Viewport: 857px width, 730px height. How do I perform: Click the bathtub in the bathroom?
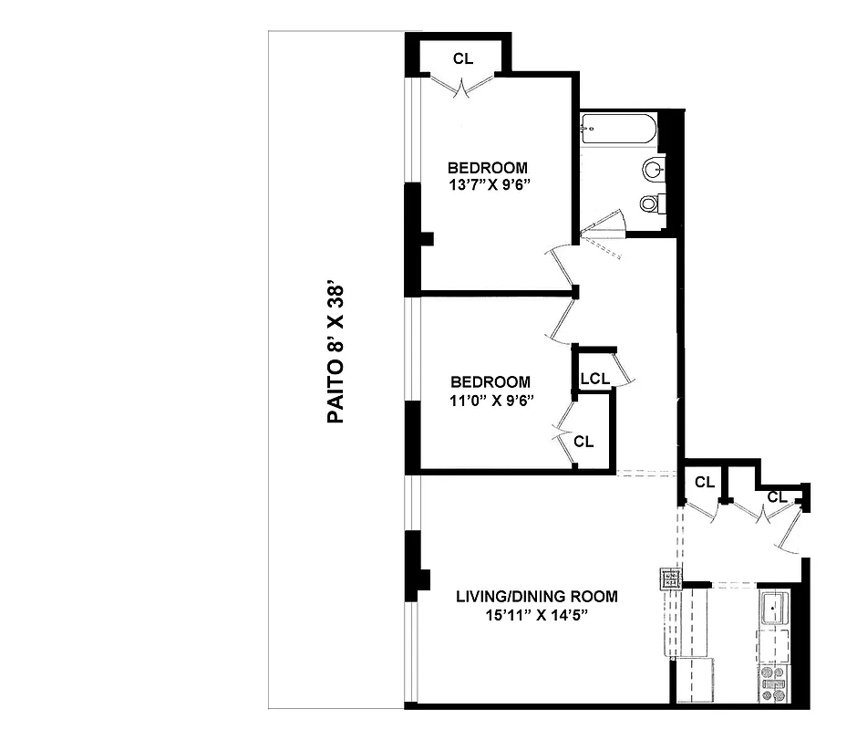coord(619,130)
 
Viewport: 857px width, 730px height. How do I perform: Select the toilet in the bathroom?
coord(651,203)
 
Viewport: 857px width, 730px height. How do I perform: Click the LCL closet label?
coord(594,378)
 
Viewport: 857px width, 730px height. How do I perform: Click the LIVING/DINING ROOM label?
coord(536,597)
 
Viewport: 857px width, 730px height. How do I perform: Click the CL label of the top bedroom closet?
coord(463,59)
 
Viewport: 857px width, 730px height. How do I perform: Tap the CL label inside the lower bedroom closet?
coord(583,442)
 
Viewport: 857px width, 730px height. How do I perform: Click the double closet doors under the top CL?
coord(463,89)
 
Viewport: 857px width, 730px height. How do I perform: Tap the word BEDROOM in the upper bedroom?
coord(488,168)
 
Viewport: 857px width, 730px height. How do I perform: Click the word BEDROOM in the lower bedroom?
coord(490,382)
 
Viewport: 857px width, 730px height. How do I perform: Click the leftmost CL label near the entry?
coord(704,483)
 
